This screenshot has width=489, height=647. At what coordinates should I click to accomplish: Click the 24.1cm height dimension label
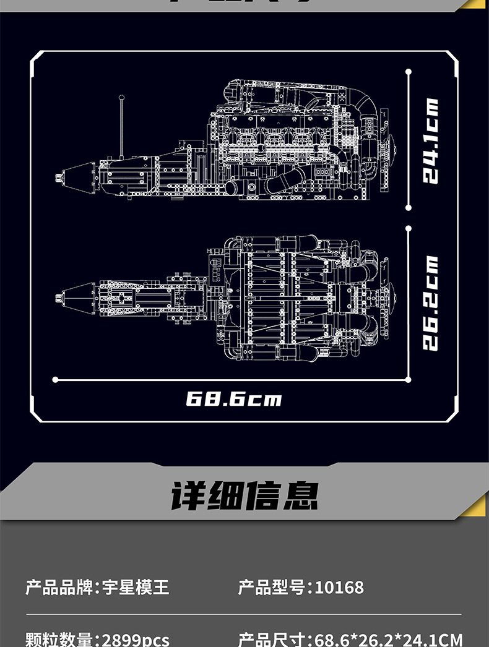click(430, 141)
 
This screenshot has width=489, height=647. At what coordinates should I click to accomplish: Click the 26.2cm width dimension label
click(430, 303)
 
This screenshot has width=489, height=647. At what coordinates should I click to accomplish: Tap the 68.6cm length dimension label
click(233, 398)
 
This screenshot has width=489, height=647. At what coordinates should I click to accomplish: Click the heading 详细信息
click(244, 495)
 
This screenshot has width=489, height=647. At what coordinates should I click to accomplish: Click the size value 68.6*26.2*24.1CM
click(389, 638)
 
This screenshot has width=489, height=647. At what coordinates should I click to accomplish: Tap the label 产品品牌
click(59, 586)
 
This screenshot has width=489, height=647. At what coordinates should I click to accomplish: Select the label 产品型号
click(272, 586)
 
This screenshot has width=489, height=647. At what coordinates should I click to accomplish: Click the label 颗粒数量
click(59, 638)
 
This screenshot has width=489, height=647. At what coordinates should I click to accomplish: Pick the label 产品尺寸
click(272, 638)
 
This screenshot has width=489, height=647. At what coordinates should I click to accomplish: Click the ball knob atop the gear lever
click(122, 98)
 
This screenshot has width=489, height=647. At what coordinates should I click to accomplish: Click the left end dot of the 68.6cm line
click(55, 379)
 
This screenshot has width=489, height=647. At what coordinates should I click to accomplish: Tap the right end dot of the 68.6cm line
click(409, 379)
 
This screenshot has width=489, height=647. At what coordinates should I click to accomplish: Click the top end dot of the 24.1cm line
click(409, 72)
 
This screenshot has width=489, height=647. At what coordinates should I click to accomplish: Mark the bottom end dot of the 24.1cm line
click(409, 208)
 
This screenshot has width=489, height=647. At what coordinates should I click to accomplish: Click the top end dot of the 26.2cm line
click(409, 228)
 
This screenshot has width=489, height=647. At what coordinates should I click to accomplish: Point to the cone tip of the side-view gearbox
click(59, 178)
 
